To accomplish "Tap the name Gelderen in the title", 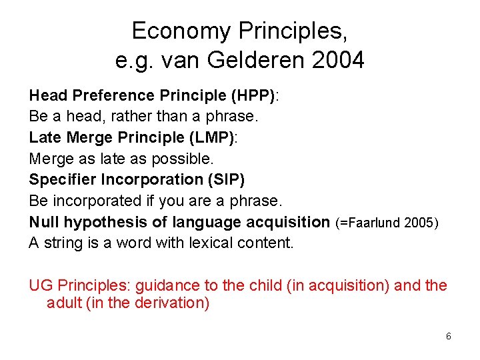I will click(x=257, y=61).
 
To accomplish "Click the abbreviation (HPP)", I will click(x=253, y=95).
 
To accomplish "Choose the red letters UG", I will click(x=41, y=286).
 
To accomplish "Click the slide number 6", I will click(x=449, y=336).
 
